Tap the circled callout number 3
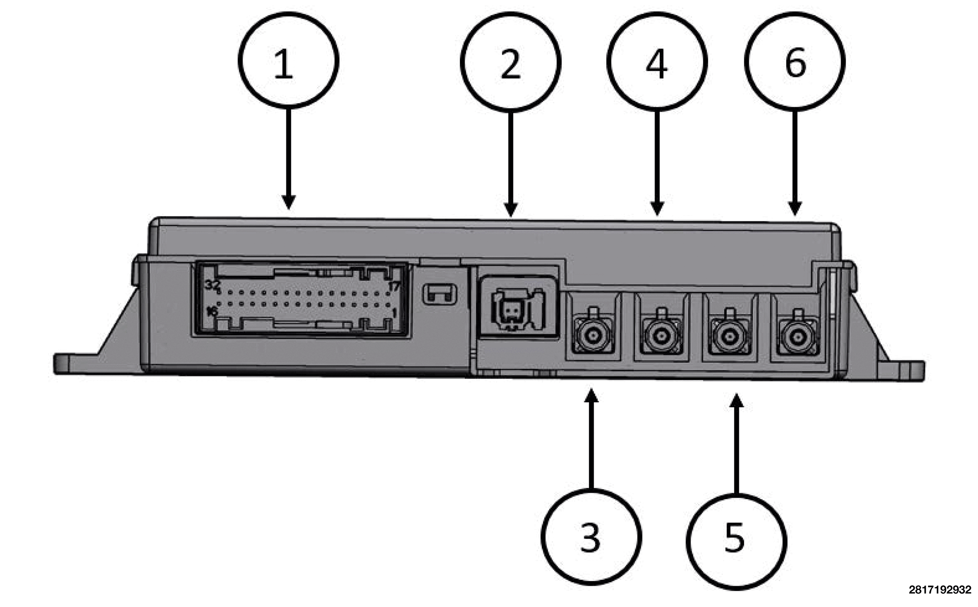point(590,536)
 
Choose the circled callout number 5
point(736,541)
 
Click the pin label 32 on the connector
point(213,285)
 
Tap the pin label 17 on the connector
point(394,286)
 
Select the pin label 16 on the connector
point(212,311)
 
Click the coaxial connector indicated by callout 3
point(593,335)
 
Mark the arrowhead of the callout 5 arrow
point(736,400)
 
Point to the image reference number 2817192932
point(939,589)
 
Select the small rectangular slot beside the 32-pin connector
point(440,294)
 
